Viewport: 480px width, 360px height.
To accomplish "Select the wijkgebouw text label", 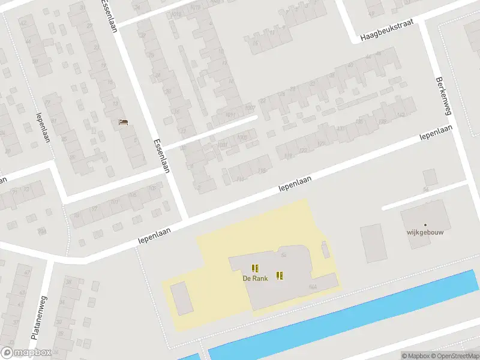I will click(x=425, y=233).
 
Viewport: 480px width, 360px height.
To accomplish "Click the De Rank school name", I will click(x=255, y=278).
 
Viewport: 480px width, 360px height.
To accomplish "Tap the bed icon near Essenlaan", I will click(x=124, y=122).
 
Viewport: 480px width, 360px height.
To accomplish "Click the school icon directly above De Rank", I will click(x=255, y=268).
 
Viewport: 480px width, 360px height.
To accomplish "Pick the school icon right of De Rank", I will click(x=280, y=275).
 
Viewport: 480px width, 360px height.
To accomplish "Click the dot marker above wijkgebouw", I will click(x=425, y=224).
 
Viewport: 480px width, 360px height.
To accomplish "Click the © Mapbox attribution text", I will click(x=415, y=356).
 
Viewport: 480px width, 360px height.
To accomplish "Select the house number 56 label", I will click(x=425, y=190).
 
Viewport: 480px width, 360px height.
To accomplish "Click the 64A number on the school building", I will click(x=312, y=287).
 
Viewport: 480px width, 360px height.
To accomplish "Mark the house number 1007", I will click(x=250, y=108).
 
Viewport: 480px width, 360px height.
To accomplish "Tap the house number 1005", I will click(x=241, y=138).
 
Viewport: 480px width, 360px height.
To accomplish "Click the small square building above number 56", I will click(x=430, y=177).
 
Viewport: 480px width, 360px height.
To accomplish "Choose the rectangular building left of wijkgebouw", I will click(x=371, y=243).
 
